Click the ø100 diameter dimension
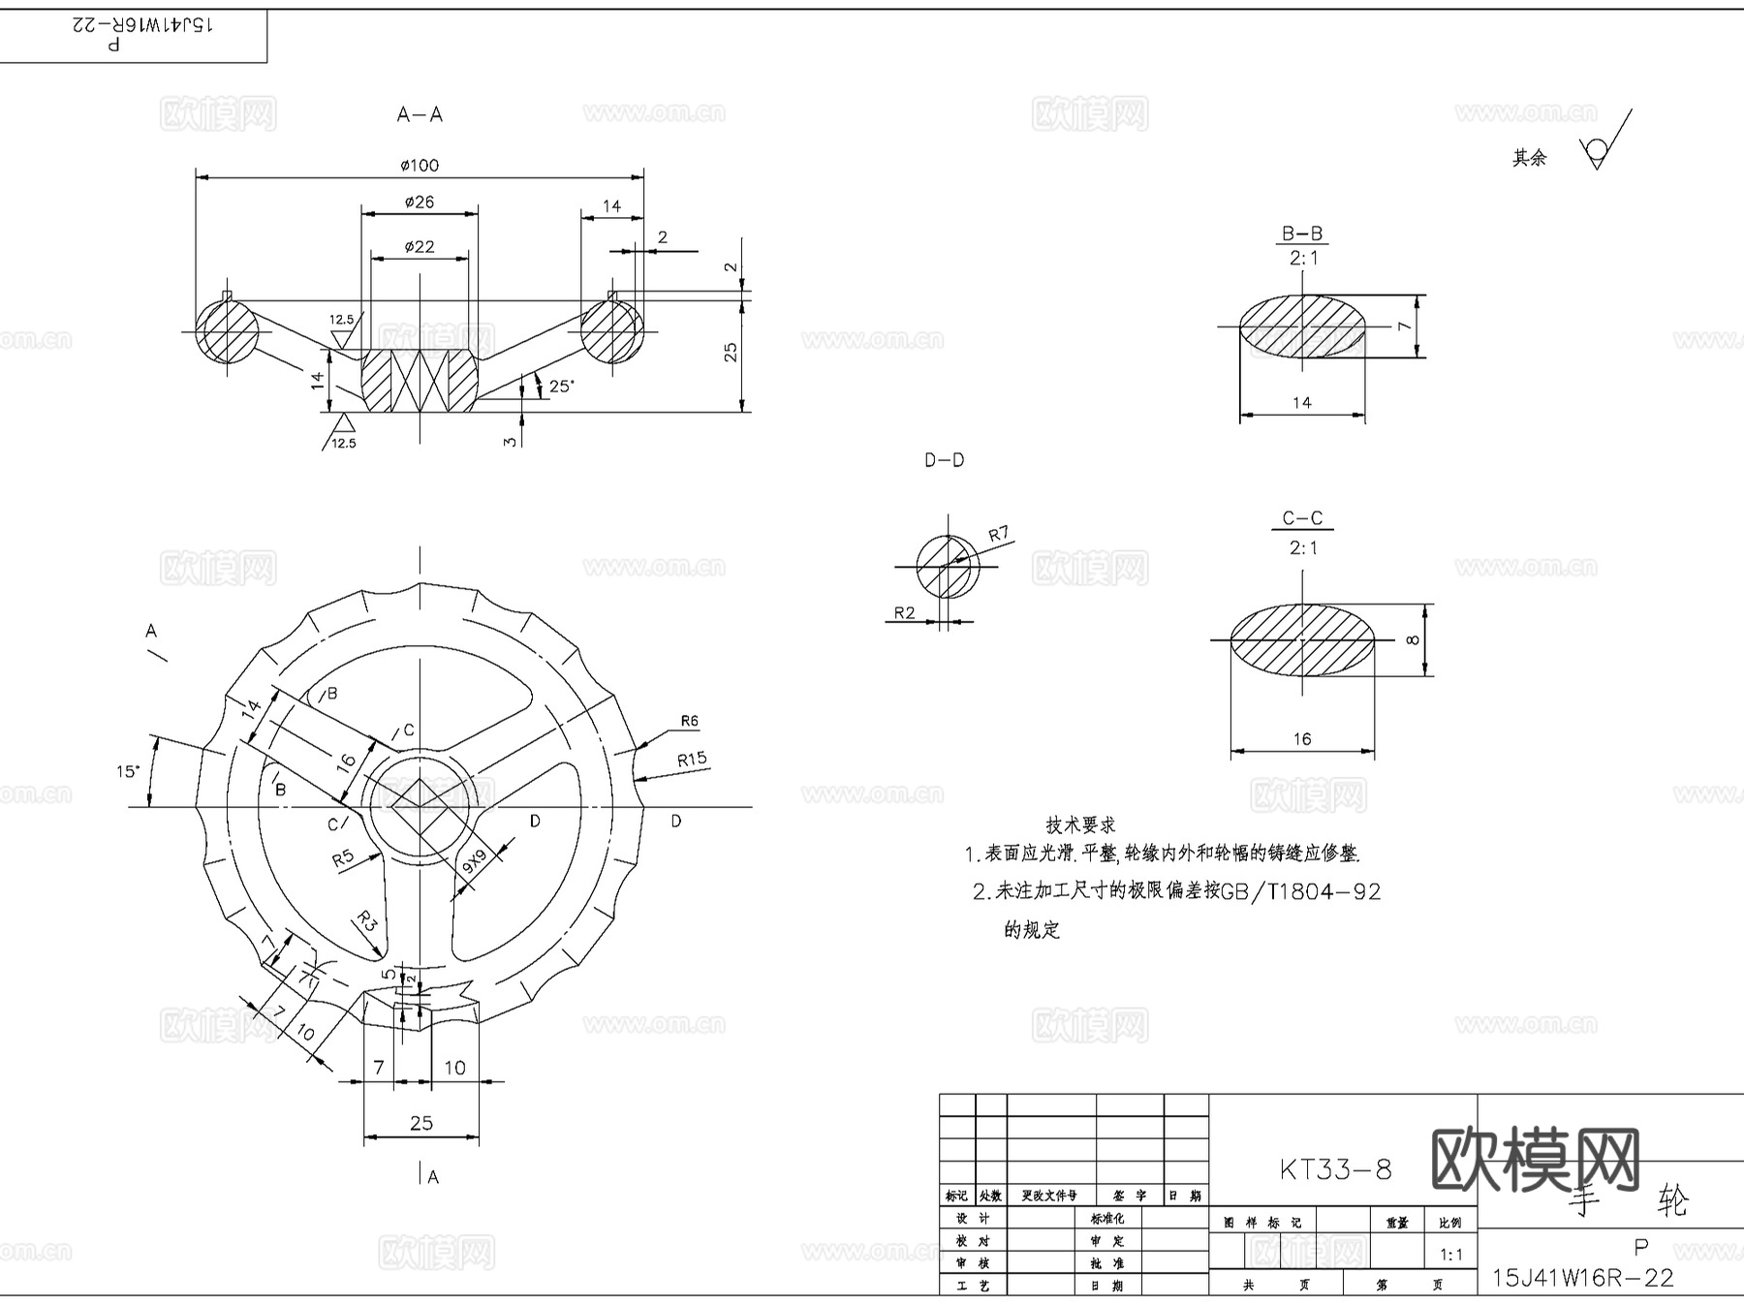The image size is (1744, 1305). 420,166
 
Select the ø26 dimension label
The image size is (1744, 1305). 420,202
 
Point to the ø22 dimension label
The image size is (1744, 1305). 420,247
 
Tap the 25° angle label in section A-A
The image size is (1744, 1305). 561,386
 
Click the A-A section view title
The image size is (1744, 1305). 420,114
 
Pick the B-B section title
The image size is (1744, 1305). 1302,233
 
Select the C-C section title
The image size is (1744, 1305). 1302,518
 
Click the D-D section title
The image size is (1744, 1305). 944,460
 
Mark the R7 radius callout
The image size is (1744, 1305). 998,534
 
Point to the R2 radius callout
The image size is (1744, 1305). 904,612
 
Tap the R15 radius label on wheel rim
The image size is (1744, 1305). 692,760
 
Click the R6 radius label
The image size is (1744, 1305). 689,721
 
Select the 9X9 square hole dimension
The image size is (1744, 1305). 474,861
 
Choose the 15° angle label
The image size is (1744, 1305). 128,772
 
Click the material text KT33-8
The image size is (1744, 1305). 1335,1169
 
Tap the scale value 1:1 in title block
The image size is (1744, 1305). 1450,1255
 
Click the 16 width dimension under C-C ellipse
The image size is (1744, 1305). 1302,739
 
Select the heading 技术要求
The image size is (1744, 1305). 1080,825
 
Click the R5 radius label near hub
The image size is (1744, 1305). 342,858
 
